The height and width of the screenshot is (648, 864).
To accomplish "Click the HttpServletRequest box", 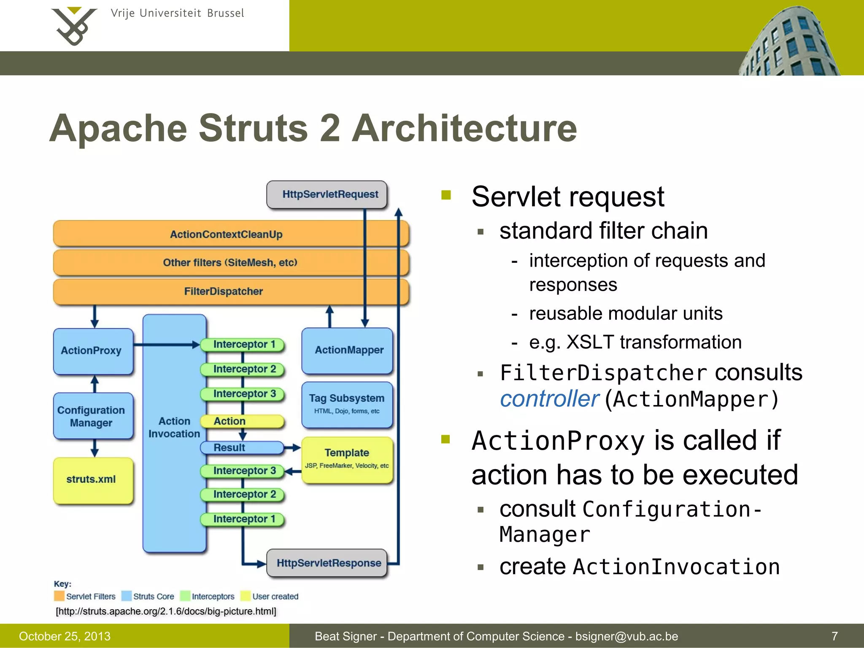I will click(327, 194).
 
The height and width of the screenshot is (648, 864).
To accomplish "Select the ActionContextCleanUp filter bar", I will click(226, 234).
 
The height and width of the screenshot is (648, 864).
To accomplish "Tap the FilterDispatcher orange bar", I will click(224, 292).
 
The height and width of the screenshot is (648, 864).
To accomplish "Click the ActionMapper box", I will click(347, 350).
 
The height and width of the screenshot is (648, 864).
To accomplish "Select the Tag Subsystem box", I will click(347, 404).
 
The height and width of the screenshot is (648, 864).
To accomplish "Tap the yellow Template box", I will click(347, 459).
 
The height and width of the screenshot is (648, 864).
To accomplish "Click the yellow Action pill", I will click(243, 421).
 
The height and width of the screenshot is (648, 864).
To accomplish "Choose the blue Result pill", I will click(242, 448).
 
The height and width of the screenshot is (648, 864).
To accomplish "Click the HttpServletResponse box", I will click(327, 563).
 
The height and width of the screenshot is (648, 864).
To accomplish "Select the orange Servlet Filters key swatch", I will click(59, 596).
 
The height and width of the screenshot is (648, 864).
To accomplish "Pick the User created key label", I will click(275, 597).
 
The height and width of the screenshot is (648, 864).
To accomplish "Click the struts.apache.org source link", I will click(166, 611).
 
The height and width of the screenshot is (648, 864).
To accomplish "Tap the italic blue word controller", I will click(549, 399).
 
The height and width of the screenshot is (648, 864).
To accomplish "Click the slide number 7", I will click(834, 636).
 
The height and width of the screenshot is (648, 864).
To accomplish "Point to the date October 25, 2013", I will click(65, 636).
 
